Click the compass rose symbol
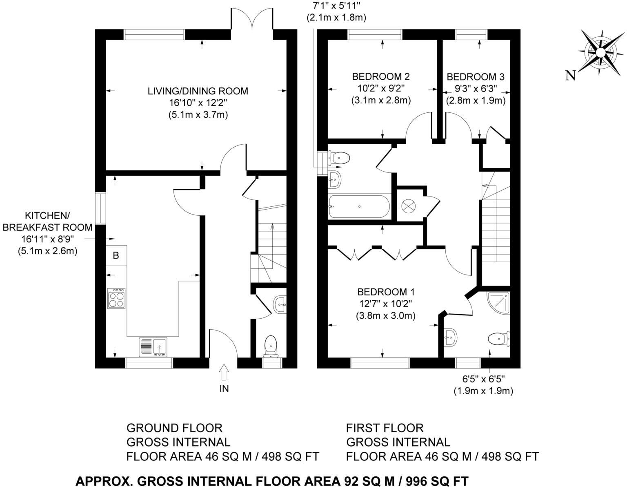[x=600, y=53]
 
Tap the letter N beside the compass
[x=570, y=75]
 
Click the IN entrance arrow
[x=224, y=373]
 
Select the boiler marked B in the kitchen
[x=116, y=256]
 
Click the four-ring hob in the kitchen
[x=116, y=298]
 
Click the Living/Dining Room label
[x=198, y=91]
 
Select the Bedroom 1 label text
[x=386, y=292]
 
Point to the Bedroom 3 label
[x=476, y=77]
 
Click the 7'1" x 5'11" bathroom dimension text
[x=336, y=5]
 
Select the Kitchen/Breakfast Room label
[x=47, y=221]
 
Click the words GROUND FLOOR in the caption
[x=174, y=428]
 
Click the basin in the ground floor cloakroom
[x=280, y=304]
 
